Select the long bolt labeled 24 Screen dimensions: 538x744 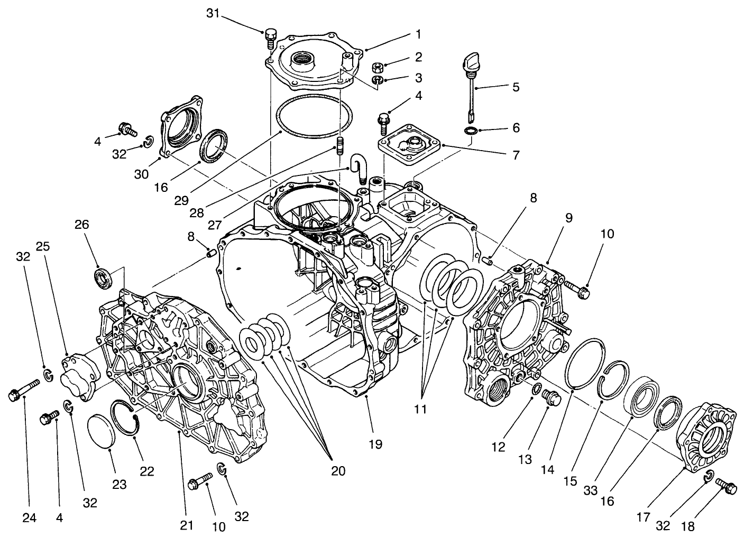pos(23,390)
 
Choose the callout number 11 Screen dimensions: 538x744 pos(421,409)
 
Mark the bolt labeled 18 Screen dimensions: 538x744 pos(725,487)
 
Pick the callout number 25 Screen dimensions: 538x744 pos(43,247)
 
